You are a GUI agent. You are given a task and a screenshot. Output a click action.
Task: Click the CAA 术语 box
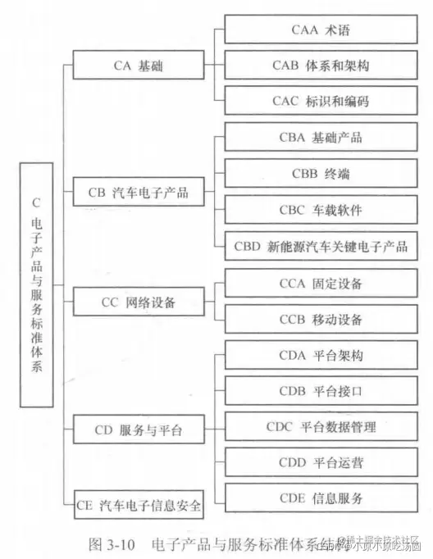coord(321,30)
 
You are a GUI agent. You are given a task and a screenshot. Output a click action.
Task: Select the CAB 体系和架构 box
coord(321,65)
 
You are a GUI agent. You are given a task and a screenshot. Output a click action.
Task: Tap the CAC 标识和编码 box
coord(321,101)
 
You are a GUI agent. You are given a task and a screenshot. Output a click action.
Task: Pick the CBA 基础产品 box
coord(321,137)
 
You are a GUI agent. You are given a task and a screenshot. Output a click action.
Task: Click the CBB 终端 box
coord(321,173)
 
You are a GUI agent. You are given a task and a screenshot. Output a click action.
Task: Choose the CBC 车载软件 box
coord(321,210)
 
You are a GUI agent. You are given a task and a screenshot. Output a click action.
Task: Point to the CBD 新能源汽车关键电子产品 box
coord(321,246)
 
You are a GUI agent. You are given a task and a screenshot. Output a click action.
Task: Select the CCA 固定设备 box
coord(321,283)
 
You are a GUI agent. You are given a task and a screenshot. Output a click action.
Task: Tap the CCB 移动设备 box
coord(321,319)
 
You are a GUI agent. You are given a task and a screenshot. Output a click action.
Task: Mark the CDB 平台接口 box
coord(321,391)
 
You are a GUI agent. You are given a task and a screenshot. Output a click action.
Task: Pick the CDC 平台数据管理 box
coord(321,426)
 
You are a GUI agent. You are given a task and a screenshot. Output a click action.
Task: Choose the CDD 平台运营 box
coord(321,462)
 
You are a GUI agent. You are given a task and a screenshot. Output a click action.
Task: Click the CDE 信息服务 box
coord(321,498)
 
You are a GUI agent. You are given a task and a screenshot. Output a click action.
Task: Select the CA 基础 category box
coord(138,66)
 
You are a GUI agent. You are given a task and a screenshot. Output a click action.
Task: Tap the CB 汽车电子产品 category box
coord(138,193)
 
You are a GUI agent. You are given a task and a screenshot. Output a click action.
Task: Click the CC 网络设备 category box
coord(138,302)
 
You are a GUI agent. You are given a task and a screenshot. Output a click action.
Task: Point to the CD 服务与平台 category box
coord(138,429)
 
